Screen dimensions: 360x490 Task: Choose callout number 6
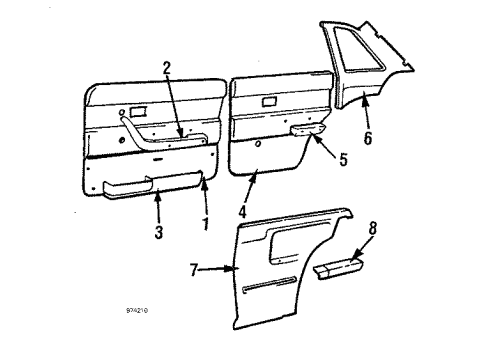tap(367, 138)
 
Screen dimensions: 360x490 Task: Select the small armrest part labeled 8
tap(340, 268)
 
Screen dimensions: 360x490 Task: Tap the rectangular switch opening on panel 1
tap(138, 109)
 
